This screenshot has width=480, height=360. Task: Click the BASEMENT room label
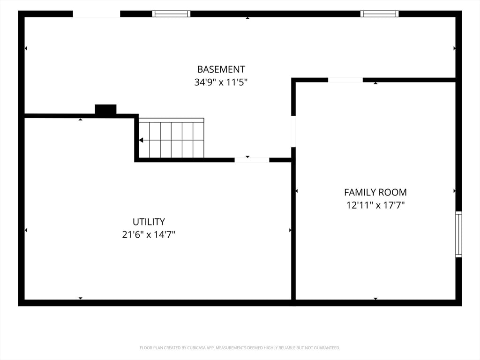[221, 69]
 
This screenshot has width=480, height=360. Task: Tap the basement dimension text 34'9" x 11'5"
[221, 82]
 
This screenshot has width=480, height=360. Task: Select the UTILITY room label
[149, 222]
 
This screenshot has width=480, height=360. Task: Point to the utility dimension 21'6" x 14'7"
[149, 234]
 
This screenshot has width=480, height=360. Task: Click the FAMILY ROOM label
[375, 192]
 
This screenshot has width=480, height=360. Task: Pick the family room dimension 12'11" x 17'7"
[375, 205]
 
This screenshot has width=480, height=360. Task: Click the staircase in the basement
[171, 138]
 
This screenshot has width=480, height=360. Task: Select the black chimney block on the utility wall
[105, 109]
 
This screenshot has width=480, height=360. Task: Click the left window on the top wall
[172, 14]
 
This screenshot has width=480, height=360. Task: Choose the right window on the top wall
[379, 14]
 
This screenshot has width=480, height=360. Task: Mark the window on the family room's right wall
[458, 234]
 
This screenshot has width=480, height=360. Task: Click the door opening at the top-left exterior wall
[97, 14]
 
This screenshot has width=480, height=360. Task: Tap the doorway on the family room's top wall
[345, 80]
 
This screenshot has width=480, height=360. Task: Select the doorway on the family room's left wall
[293, 131]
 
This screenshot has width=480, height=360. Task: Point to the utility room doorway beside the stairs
[252, 160]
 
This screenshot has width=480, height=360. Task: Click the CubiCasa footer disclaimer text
[240, 348]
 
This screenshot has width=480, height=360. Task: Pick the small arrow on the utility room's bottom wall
[80, 298]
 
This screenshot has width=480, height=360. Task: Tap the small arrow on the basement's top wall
[247, 18]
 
